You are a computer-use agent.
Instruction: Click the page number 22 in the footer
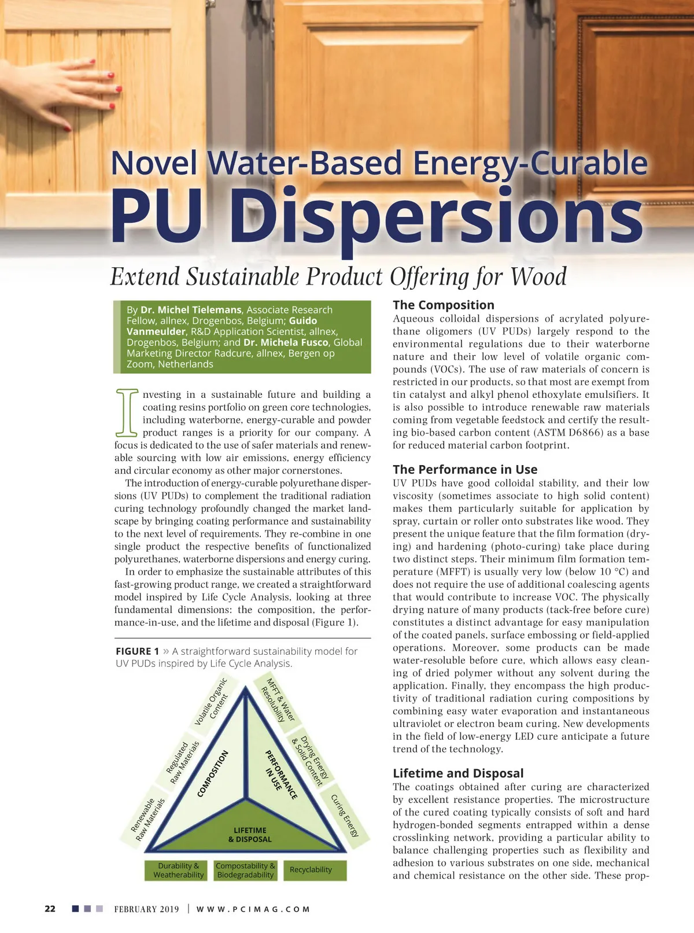[x=50, y=909]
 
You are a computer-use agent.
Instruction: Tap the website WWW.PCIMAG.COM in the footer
[x=253, y=909]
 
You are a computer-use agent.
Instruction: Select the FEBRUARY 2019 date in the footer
[x=146, y=909]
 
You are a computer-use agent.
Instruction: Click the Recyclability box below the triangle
[x=311, y=870]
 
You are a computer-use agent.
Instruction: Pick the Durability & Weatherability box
[x=178, y=870]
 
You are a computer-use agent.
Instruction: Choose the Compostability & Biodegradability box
[x=245, y=870]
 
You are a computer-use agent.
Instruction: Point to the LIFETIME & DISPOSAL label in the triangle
[x=250, y=835]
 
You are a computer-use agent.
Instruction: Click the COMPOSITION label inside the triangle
[x=213, y=773]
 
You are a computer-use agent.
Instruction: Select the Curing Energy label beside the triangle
[x=345, y=816]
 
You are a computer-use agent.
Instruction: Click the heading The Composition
[x=443, y=305]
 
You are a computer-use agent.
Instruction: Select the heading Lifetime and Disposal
[x=457, y=773]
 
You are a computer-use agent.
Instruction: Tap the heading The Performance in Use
[x=464, y=469]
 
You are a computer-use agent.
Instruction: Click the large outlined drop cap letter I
[x=127, y=412]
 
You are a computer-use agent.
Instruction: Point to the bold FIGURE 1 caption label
[x=137, y=651]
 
